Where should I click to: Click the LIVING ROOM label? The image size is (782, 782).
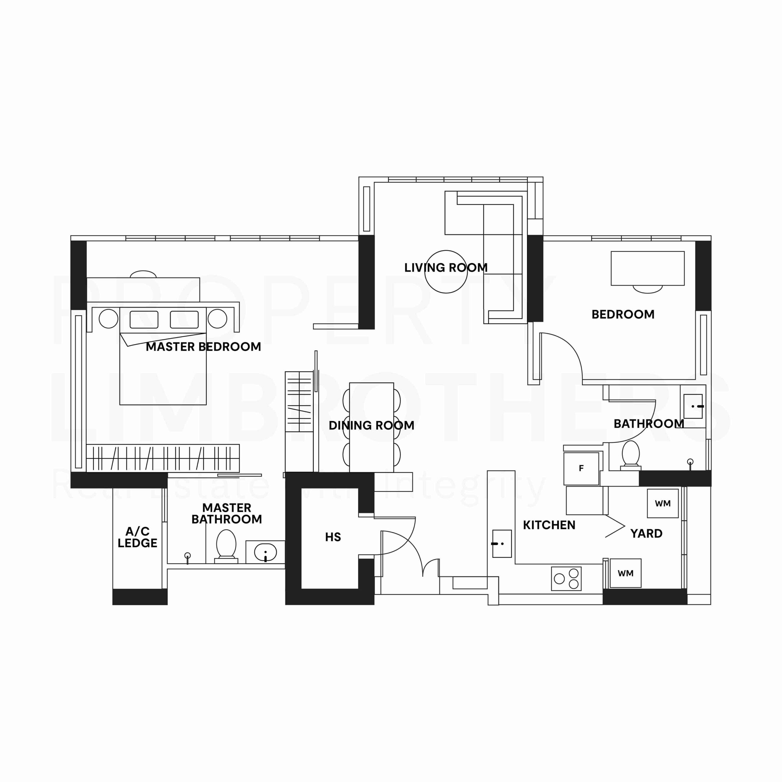coord(446,268)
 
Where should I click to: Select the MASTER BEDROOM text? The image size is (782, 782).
coord(203,347)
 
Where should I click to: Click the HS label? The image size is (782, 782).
coord(333,537)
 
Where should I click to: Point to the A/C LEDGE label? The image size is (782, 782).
coord(137,537)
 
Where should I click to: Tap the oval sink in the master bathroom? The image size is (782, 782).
coord(265,552)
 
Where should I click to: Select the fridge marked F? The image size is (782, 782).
coord(581,468)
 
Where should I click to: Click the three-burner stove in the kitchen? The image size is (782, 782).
coord(566,578)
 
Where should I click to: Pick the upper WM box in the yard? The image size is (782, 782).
coord(663,503)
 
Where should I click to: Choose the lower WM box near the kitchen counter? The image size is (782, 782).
coord(625,573)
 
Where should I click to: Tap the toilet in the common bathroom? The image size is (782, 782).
coord(630,455)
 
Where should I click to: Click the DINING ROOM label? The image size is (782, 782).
coord(371,426)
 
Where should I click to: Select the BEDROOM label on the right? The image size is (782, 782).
coord(623,315)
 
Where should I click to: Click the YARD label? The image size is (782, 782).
coord(646,533)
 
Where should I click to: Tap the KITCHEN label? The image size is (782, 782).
coord(549,525)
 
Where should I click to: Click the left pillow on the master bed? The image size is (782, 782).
coord(144,319)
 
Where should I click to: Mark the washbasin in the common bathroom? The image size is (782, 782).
coord(693,406)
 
